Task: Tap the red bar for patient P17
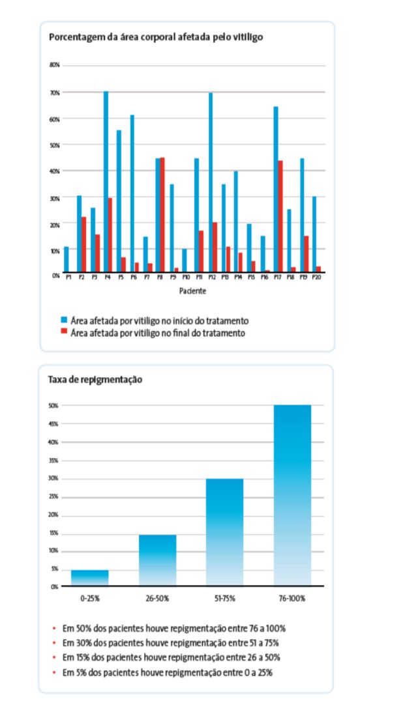[x=280, y=216]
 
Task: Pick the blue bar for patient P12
[x=211, y=182]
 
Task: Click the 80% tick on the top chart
[x=55, y=65]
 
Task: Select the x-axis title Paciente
[x=192, y=291]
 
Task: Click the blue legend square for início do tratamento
[x=63, y=321]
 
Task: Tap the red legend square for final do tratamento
[x=63, y=333]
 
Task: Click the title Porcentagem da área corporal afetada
[x=156, y=37]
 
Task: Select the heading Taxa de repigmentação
[x=95, y=379]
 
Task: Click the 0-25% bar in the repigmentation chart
[x=89, y=578]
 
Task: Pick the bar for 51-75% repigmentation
[x=225, y=532]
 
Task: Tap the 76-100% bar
[x=293, y=495]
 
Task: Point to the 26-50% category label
[x=157, y=597]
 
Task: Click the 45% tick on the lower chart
[x=55, y=423]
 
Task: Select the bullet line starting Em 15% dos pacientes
[x=173, y=657]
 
